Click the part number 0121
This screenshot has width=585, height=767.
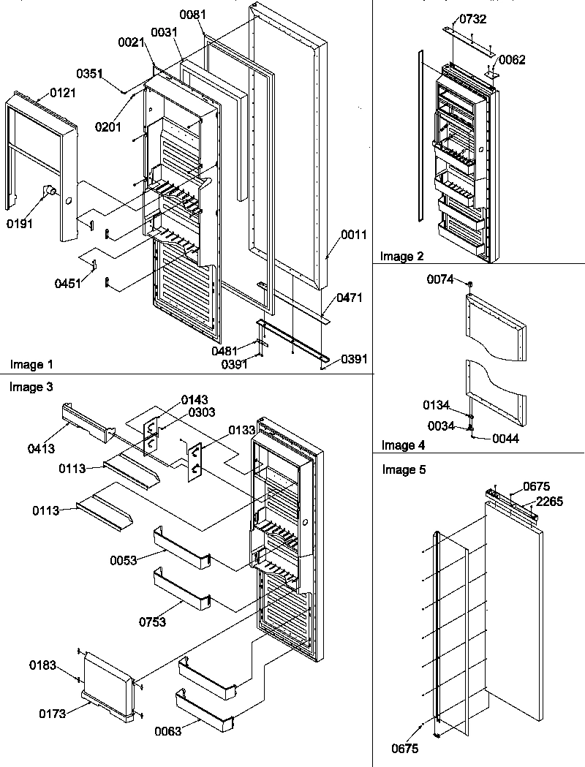[x=62, y=93]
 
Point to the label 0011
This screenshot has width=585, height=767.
[x=354, y=235]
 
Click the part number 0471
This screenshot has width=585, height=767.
[x=349, y=298]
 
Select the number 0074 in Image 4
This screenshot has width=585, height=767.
[x=442, y=279]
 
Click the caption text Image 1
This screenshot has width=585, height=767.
[x=32, y=363]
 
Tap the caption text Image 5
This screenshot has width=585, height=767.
[x=404, y=469]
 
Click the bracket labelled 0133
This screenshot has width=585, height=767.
[x=195, y=461]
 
